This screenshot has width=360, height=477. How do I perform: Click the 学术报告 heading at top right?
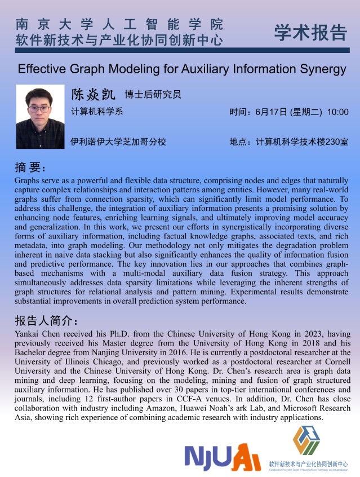[x=310, y=33]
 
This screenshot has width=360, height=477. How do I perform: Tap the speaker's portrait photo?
[x=40, y=116]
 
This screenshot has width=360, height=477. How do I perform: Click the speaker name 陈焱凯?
[x=92, y=94]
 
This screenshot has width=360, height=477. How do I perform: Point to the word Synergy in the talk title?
[x=316, y=69]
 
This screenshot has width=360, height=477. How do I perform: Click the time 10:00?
[x=337, y=112]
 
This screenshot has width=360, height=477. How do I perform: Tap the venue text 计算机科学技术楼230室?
[x=301, y=142]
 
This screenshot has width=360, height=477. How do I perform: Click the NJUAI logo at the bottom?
[x=223, y=456]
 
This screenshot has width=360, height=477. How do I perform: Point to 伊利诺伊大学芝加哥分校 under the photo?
[x=118, y=142]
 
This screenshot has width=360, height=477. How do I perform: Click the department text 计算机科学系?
[x=97, y=111]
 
